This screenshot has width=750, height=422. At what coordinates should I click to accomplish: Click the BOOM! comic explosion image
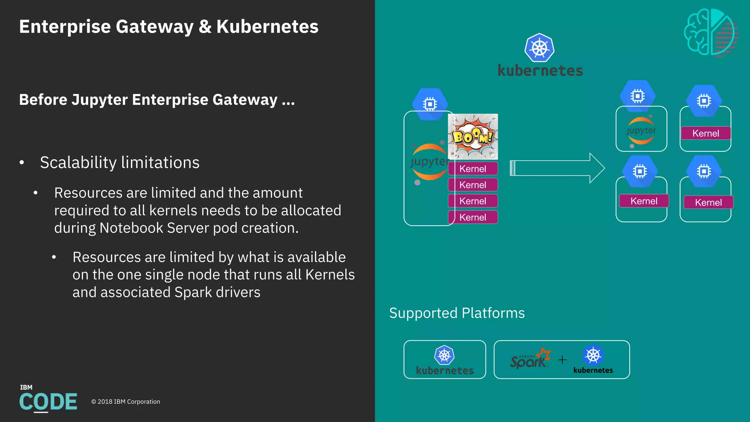[x=473, y=137]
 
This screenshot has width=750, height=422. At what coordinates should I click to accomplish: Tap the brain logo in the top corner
[x=711, y=33]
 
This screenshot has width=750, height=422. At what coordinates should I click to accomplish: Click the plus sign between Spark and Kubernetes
[x=562, y=360]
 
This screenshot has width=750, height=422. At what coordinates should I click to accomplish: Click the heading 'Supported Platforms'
[x=457, y=313]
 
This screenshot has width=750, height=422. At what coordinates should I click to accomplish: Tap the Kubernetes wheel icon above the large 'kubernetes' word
[x=539, y=48]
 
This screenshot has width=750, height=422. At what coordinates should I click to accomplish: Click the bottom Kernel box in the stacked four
[x=473, y=217]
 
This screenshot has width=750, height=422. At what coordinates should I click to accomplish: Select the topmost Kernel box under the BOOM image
[x=473, y=169]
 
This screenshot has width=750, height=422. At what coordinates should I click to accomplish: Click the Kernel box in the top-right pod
[x=706, y=133]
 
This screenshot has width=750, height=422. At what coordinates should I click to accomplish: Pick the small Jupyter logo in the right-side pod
[x=641, y=131]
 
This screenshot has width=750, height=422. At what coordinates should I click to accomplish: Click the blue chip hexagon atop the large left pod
[x=430, y=104]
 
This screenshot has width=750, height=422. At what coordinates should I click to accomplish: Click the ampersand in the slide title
[x=205, y=27]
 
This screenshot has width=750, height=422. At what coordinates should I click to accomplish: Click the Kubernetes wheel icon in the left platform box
[x=444, y=355]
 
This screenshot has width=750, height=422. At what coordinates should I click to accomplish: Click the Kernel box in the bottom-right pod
[x=708, y=203]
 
